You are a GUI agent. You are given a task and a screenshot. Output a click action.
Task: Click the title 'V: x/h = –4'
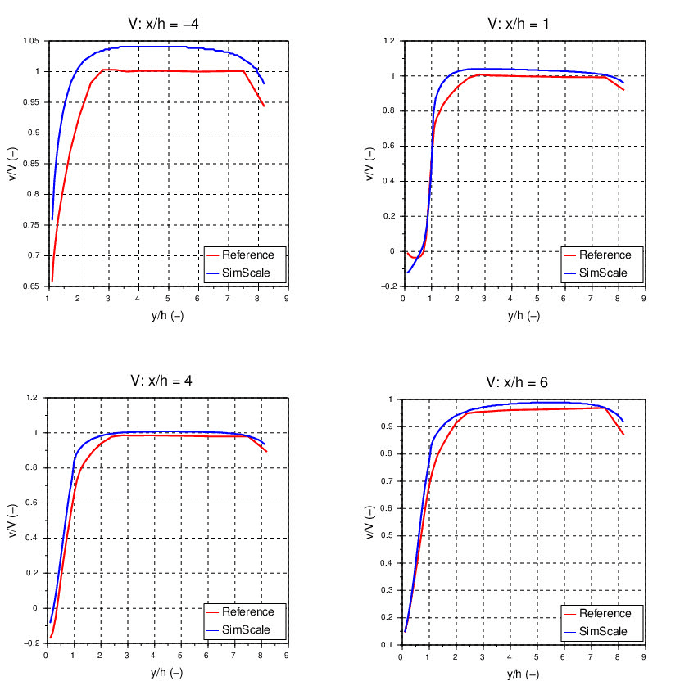point(167,23)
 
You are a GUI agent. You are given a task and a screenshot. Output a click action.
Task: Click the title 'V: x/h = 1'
point(519,23)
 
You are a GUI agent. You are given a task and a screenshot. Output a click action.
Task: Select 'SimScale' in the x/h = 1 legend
point(603,273)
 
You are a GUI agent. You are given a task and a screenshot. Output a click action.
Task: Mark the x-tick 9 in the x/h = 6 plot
point(643,656)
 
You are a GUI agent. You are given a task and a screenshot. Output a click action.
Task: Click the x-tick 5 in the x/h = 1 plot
point(537,299)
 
